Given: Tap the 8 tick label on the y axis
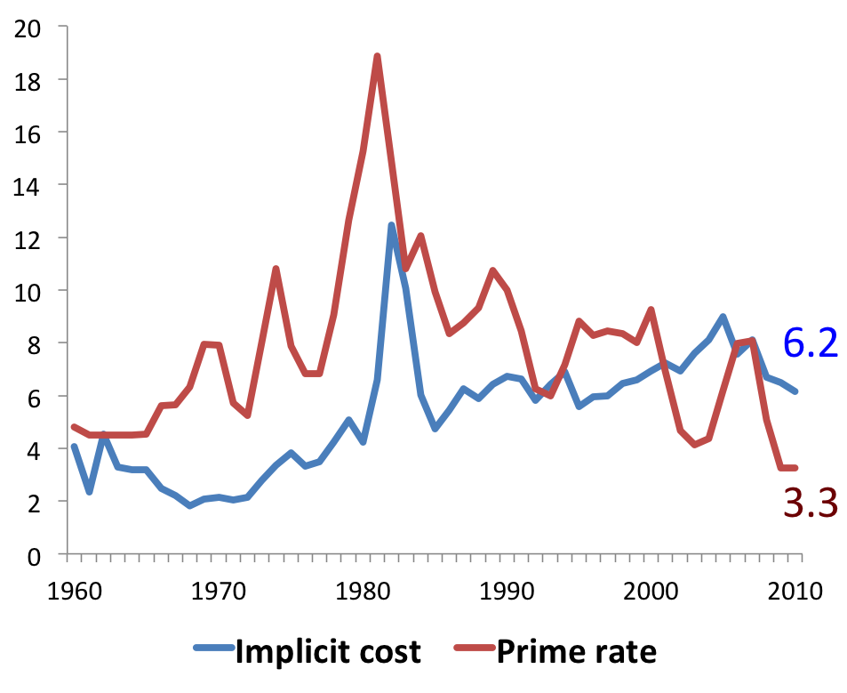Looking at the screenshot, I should (36, 344).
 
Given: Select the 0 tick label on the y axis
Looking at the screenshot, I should (36, 555).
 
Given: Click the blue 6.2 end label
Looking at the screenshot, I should (811, 343).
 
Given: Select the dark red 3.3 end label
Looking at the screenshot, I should (811, 504).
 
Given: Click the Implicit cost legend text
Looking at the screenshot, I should (327, 652).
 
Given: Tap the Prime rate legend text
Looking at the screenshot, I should (576, 652).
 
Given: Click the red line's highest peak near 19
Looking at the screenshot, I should (378, 57).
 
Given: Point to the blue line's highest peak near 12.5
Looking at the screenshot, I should (392, 225).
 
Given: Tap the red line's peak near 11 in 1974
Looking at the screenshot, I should (276, 269).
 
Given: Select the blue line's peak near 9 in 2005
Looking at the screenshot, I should (723, 317).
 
